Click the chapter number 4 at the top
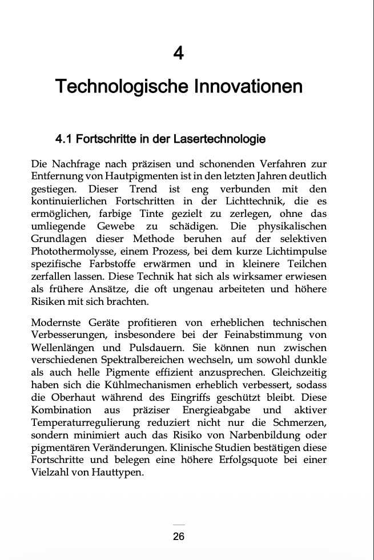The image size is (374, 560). (x=179, y=54)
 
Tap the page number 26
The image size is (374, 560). (x=179, y=537)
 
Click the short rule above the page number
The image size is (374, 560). (x=179, y=525)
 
